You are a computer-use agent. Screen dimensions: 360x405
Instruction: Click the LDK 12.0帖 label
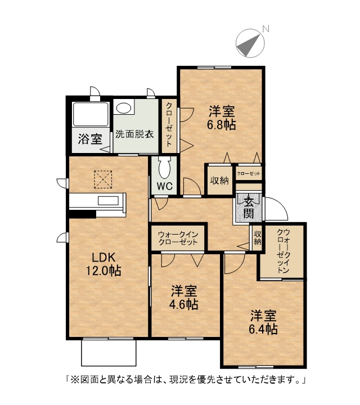pos(103,264)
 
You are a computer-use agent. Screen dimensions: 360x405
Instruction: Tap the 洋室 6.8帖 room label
pos(222,118)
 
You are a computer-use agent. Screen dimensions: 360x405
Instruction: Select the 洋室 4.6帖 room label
pos(184,298)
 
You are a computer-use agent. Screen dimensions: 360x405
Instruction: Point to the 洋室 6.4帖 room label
pos(263,322)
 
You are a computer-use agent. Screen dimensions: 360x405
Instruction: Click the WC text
pos(164,186)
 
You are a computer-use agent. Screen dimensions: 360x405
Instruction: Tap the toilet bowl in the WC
pos(164,168)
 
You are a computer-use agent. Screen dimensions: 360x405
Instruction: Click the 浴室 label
pos(90,139)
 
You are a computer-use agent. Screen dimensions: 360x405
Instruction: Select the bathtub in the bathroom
pos(91,114)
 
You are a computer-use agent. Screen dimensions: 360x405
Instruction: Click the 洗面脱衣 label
pos(134,134)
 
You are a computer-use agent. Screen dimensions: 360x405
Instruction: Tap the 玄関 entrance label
pos(249,208)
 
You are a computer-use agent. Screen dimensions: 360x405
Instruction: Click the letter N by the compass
pos(265,29)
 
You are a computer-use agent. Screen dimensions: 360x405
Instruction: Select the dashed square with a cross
pos(103,179)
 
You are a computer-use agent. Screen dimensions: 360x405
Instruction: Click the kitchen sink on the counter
pos(108,201)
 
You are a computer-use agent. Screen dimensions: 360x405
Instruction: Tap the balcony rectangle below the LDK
pos(109,353)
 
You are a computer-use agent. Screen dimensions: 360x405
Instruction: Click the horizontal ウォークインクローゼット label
pos(178,238)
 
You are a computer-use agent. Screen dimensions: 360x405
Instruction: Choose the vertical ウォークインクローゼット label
pos(283,251)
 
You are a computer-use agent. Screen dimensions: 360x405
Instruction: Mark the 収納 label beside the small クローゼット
pos(219,181)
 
